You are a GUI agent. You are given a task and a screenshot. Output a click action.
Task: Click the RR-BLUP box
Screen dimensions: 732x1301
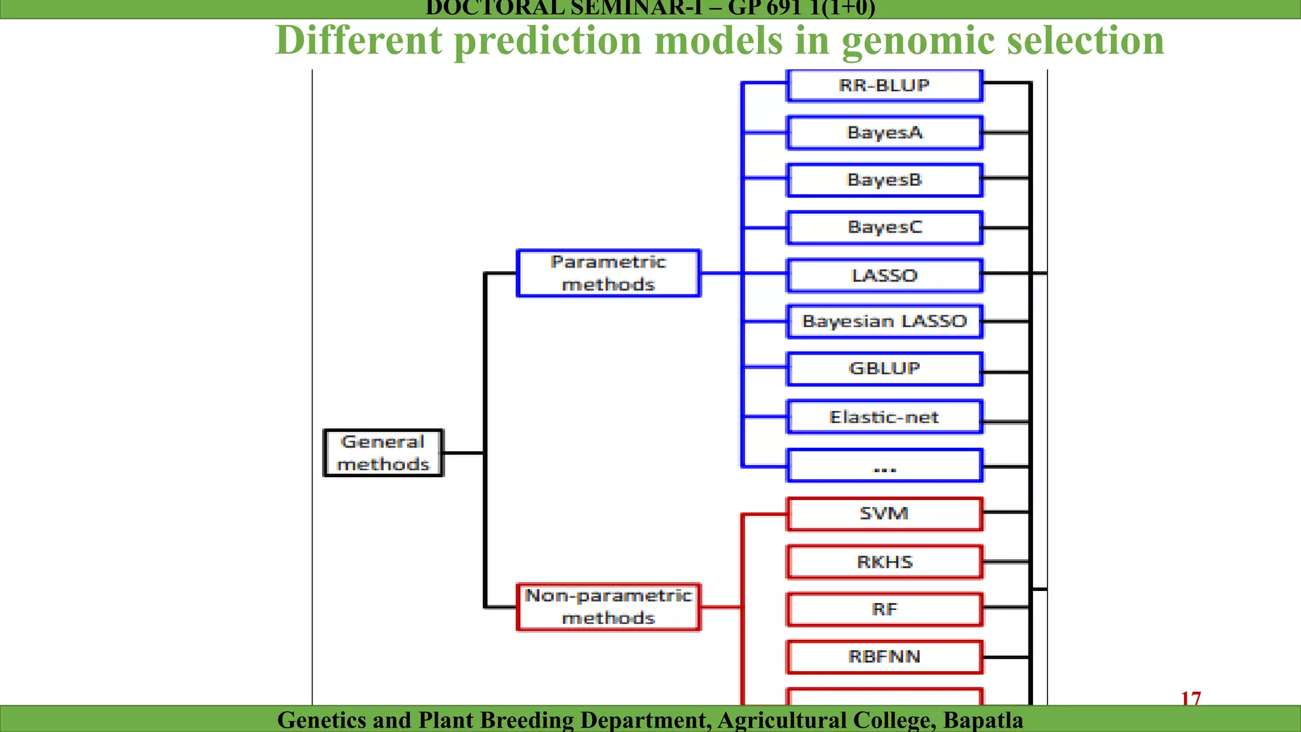tap(884, 85)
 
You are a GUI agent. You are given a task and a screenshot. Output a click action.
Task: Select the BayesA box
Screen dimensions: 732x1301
tap(884, 133)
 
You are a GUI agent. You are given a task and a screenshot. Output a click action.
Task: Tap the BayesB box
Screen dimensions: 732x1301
tap(884, 180)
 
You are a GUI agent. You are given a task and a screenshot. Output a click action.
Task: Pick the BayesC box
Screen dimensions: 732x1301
tap(884, 227)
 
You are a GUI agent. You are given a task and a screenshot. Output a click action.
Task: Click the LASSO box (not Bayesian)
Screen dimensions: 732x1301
tap(884, 276)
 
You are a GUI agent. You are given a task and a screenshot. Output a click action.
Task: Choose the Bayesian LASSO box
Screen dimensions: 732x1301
tap(884, 322)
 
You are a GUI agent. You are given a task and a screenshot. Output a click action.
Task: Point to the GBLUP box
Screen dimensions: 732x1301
tap(884, 369)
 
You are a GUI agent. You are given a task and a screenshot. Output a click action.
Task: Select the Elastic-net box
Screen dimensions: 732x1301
tap(884, 417)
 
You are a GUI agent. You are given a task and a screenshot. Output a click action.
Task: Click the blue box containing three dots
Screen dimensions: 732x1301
tap(884, 466)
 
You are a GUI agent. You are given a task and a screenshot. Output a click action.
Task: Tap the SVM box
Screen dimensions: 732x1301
tap(884, 513)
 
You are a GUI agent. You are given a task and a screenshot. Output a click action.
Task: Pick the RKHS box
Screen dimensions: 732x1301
tap(884, 562)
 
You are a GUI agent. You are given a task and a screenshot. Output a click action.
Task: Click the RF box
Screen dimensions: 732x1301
tap(884, 609)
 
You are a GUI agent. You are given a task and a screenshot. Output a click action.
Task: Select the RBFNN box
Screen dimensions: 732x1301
tap(884, 656)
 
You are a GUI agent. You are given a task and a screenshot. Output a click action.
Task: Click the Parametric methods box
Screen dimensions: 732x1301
tap(609, 273)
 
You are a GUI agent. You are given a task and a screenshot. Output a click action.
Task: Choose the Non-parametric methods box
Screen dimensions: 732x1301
tap(609, 607)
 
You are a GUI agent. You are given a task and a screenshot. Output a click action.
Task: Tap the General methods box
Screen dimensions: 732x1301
tap(383, 453)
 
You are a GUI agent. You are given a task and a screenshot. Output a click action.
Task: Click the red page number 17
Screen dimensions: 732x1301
tap(1190, 698)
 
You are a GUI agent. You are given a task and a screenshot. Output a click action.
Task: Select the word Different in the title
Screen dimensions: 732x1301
tap(359, 41)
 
